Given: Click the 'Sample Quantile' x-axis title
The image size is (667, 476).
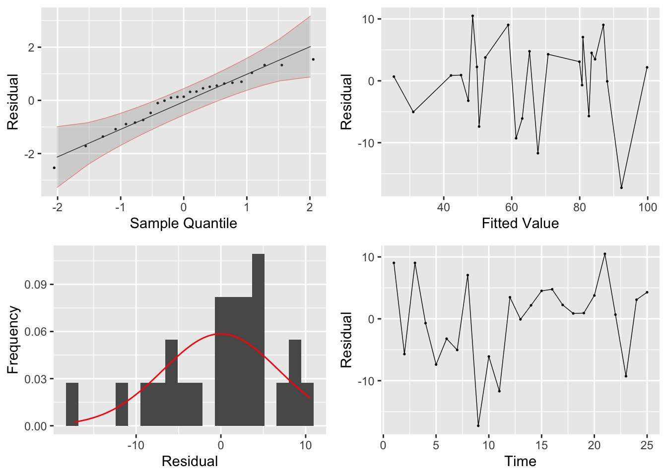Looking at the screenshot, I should point(183,224).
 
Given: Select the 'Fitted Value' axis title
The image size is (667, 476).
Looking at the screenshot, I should point(520,224).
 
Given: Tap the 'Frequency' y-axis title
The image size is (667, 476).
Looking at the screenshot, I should point(13,340).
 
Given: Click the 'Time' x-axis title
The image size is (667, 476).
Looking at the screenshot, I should point(520,462).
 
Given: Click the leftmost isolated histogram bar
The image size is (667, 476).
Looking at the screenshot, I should point(72,404).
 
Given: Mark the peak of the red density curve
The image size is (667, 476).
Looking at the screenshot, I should point(220,334).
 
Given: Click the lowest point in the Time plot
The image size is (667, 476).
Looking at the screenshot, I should point(478,425).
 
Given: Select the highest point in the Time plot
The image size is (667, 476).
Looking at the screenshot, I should point(605,254).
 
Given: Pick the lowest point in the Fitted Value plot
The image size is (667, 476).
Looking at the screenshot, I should point(621,187).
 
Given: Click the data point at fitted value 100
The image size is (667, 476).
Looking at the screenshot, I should point(647,67).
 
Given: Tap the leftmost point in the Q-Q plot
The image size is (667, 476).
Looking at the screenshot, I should point(54,168).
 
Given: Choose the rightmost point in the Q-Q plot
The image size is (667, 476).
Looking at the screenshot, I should point(313,59).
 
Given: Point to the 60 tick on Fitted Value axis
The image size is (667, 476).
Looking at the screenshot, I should point(512,207).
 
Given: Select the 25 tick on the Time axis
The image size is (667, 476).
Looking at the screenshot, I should point(647,445).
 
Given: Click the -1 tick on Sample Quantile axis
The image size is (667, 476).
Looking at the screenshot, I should point(121,207).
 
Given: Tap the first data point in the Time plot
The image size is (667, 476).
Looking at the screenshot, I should point(394,263).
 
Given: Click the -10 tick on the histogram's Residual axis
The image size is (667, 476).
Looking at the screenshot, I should point(135,445).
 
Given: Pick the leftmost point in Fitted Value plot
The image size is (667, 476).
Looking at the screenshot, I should point(394,77).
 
